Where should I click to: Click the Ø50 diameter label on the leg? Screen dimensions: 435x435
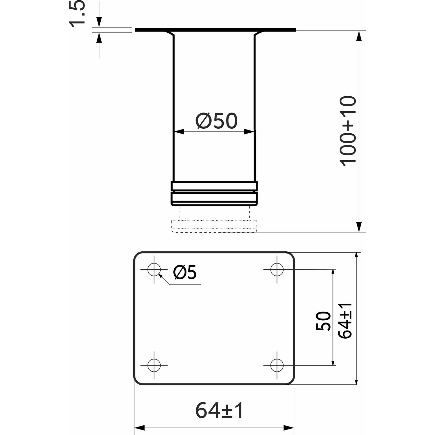pos(217,121)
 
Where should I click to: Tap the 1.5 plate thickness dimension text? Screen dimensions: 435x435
pos(77,14)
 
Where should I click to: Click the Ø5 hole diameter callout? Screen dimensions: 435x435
pos(185,272)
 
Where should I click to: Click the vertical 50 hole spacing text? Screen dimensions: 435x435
pos(323,321)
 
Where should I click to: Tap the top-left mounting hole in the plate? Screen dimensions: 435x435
pos(154,269)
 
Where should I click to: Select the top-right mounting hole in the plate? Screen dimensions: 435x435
pos(277,269)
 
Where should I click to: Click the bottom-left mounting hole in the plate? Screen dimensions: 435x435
pos(154,365)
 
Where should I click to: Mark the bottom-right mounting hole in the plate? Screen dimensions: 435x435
pos(277,365)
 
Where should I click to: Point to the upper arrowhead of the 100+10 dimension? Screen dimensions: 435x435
pos(359,36)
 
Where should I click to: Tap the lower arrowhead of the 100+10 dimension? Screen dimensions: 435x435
pos(359,227)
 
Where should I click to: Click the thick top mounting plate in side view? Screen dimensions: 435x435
pos(215,30)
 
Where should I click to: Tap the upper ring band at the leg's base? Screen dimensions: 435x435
pos(214,186)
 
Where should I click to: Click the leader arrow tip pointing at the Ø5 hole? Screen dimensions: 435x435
pos(160,275)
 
